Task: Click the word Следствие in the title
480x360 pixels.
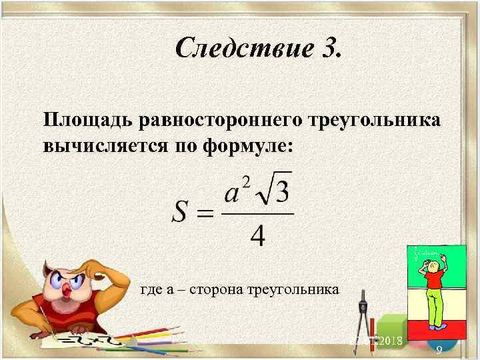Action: click(235, 47)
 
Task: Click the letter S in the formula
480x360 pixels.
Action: click(183, 213)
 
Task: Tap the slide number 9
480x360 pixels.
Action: click(439, 349)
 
